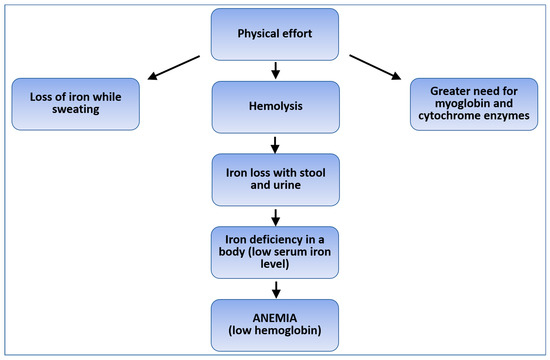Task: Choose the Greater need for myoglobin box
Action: point(477,104)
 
